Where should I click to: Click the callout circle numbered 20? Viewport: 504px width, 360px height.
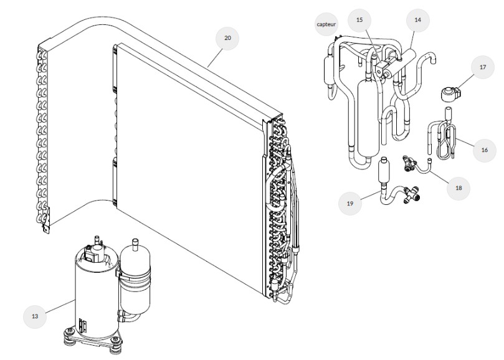click(227, 39)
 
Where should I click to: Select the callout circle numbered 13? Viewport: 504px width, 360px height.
click(35, 316)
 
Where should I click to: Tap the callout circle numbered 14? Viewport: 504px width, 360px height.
click(417, 20)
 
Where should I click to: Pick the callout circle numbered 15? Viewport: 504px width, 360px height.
click(359, 20)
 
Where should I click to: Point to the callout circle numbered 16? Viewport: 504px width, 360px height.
click(484, 149)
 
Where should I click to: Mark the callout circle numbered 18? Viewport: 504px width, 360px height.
click(459, 187)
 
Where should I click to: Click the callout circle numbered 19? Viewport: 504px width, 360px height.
click(350, 202)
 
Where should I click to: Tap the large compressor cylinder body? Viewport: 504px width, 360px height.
click(93, 293)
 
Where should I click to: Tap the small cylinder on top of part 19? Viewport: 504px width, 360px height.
click(383, 169)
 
